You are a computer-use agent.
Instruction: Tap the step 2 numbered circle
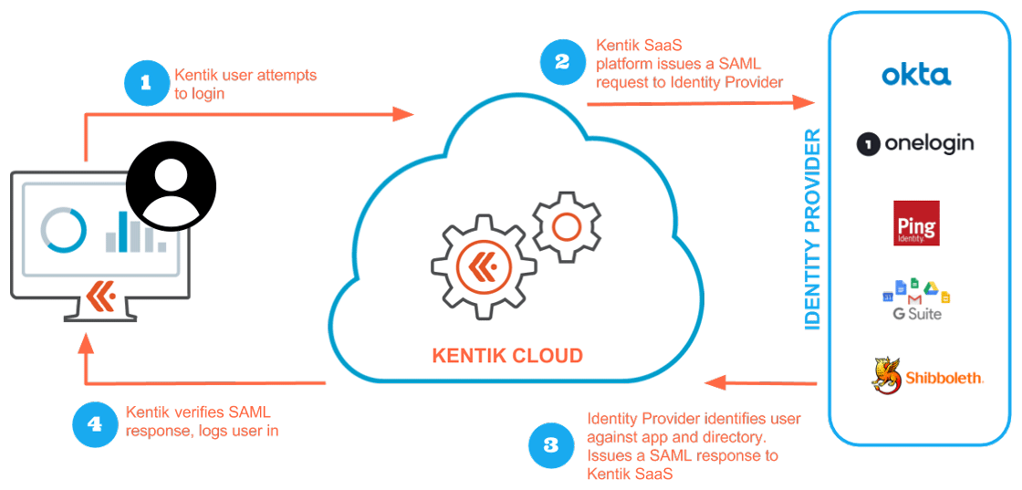563,61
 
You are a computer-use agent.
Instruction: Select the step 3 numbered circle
551,444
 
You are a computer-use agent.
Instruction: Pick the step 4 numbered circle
95,423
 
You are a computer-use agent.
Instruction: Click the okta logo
916,75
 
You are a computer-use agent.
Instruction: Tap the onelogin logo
915,143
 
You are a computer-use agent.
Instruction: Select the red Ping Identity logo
916,224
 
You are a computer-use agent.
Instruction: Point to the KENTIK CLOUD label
507,355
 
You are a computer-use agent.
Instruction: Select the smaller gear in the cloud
566,225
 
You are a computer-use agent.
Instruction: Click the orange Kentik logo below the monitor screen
99,294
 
